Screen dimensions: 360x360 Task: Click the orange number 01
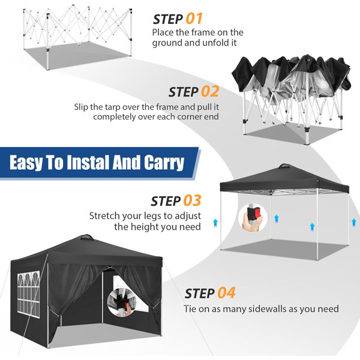pyautogui.click(x=194, y=19)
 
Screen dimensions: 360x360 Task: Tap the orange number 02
pyautogui.click(x=210, y=92)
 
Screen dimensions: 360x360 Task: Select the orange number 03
pyautogui.click(x=193, y=200)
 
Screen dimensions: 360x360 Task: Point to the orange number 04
pyautogui.click(x=226, y=293)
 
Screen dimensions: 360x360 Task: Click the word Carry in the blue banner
pyautogui.click(x=164, y=163)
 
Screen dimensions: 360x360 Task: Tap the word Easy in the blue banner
pyautogui.click(x=26, y=163)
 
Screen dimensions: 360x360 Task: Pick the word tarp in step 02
pyautogui.click(x=113, y=107)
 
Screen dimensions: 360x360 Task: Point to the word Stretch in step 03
pyautogui.click(x=104, y=216)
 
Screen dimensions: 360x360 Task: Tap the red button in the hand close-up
pyautogui.click(x=256, y=213)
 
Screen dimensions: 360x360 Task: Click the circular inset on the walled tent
pyautogui.click(x=121, y=302)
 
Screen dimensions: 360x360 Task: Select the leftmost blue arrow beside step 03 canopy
pyautogui.click(x=215, y=223)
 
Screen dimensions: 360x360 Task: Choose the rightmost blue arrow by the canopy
pyautogui.click(x=354, y=222)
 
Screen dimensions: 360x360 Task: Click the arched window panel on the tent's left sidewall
pyautogui.click(x=28, y=294)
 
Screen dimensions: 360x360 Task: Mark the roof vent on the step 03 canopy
pyautogui.click(x=284, y=166)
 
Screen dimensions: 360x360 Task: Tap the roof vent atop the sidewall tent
pyautogui.click(x=85, y=237)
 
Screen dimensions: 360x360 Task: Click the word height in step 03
pyautogui.click(x=145, y=227)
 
